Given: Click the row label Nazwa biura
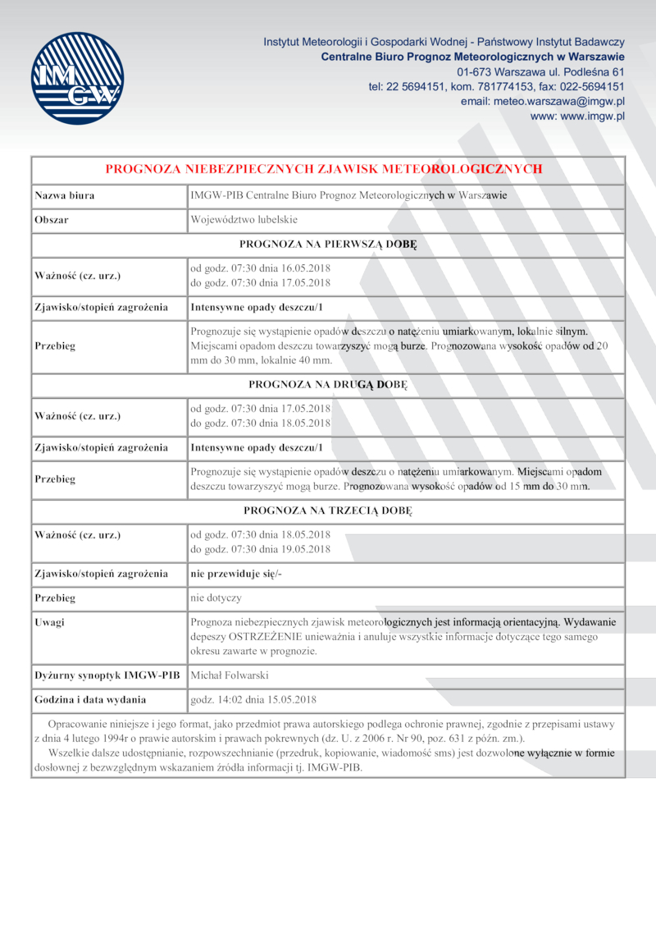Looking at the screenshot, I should coord(64,196).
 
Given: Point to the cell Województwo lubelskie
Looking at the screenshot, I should coord(244,220).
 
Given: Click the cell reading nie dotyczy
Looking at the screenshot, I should coord(216,597).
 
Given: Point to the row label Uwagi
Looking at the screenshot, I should coord(50,621).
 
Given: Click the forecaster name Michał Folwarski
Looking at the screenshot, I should coord(229,675).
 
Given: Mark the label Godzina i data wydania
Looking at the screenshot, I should coord(90,700).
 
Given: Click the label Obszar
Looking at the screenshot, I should coord(52,220).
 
